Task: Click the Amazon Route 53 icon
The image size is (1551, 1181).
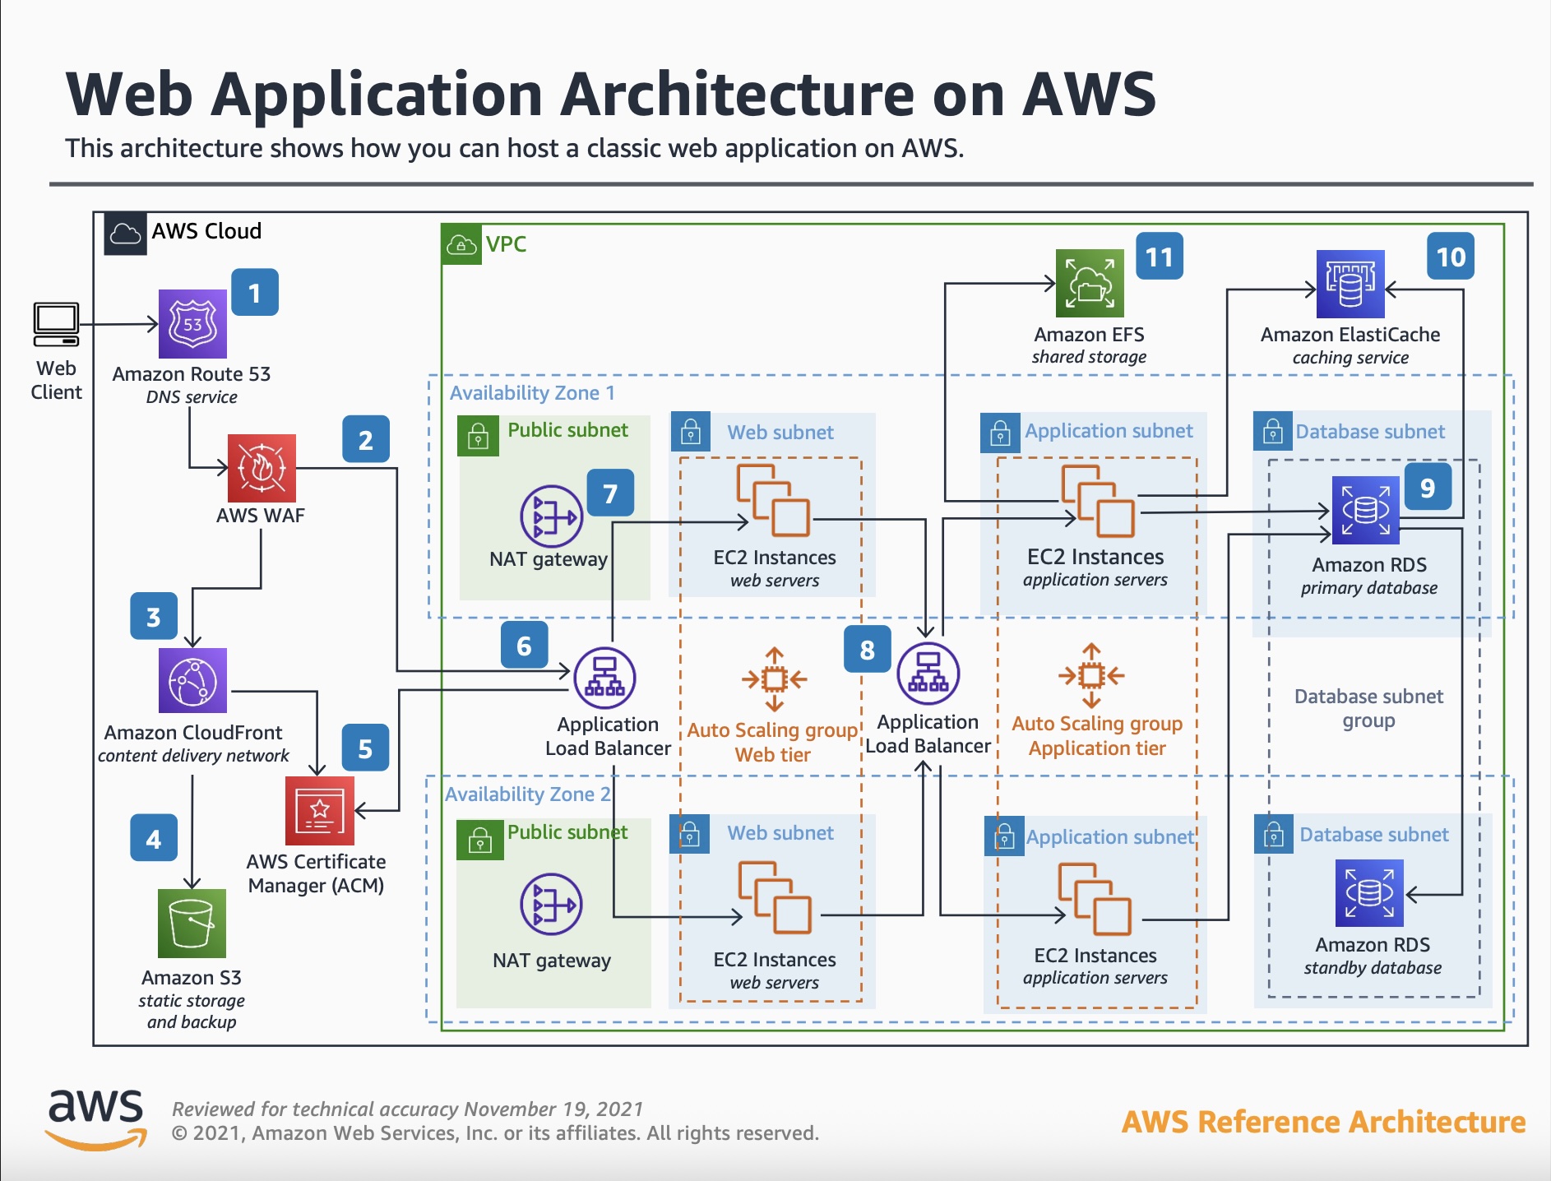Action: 192,323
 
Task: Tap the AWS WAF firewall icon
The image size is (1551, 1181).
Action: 262,468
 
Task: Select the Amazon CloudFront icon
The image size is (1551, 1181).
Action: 192,681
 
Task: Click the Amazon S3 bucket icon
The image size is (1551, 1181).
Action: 192,923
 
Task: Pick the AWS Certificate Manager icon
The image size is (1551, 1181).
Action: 319,811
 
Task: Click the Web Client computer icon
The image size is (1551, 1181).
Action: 56,325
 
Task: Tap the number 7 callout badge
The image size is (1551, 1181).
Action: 610,493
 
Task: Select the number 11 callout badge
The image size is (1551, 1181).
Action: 1159,257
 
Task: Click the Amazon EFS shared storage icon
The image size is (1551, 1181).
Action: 1090,284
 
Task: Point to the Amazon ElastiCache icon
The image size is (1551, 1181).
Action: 1350,284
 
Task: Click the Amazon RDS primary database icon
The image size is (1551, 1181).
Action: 1365,510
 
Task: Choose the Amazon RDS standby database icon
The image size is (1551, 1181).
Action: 1369,893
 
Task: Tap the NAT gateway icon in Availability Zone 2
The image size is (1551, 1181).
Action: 552,905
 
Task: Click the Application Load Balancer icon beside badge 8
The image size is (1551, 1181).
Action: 928,674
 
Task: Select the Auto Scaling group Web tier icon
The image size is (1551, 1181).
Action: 773,679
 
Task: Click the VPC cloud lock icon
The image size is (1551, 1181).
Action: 461,245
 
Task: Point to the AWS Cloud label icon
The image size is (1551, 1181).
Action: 125,234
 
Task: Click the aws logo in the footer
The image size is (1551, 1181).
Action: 95,1118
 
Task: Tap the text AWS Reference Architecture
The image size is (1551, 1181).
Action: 1323,1122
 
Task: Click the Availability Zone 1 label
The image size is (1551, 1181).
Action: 532,393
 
